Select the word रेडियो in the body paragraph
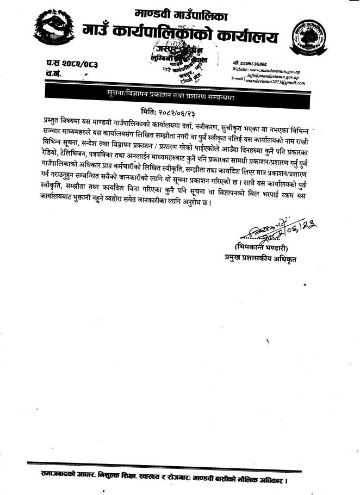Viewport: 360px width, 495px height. coord(51,153)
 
